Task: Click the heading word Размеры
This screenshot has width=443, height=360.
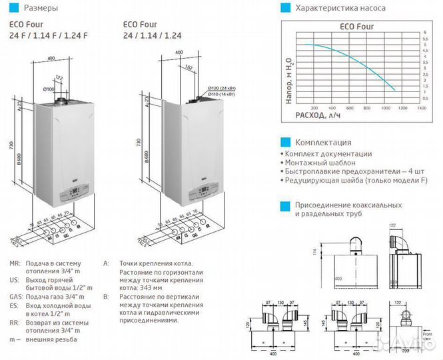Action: (40, 9)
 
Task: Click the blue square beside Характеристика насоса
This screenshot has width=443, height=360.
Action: (285, 9)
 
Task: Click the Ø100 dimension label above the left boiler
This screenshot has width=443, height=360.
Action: (49, 89)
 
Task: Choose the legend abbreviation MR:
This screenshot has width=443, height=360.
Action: (16, 263)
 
